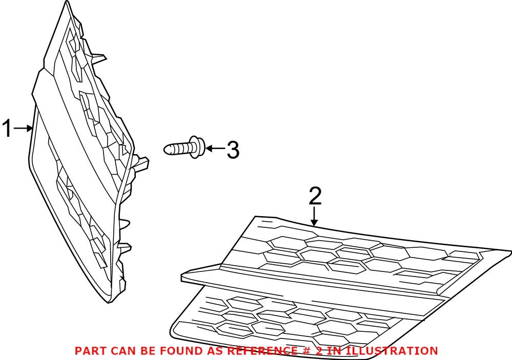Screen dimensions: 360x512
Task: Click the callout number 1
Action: coord(7,129)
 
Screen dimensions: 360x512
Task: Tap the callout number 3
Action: coord(233,150)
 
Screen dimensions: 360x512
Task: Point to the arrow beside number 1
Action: coord(23,129)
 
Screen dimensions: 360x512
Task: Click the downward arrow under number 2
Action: coord(315,217)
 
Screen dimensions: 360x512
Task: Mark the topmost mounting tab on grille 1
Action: coord(100,55)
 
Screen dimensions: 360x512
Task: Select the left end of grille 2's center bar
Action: coord(183,277)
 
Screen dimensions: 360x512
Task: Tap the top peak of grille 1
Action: coord(65,3)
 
